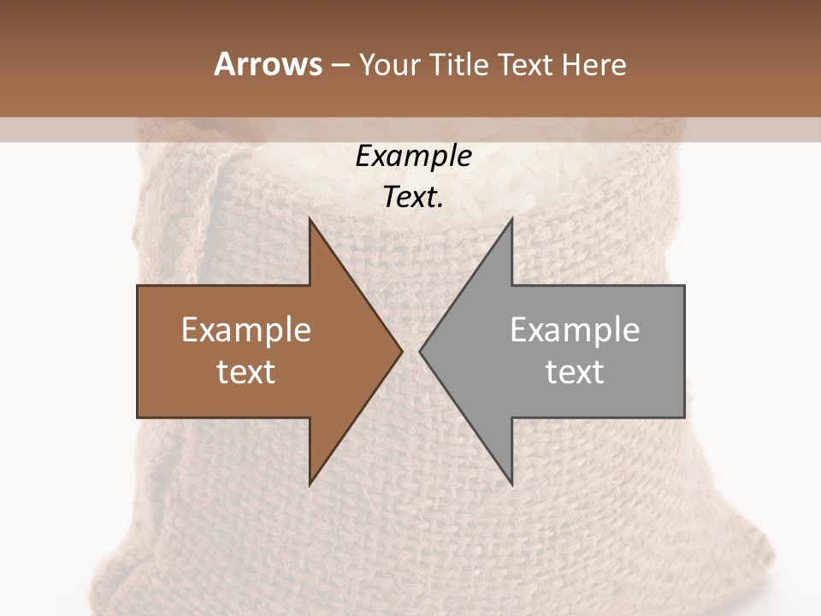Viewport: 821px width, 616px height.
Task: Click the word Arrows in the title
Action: click(x=268, y=64)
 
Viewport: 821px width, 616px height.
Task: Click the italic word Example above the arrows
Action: click(x=413, y=156)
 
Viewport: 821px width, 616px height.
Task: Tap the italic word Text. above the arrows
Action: click(x=413, y=198)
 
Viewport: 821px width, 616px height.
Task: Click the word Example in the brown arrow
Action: click(x=245, y=330)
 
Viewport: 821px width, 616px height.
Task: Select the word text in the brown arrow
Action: click(x=245, y=372)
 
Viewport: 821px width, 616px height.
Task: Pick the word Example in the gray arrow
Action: click(x=575, y=330)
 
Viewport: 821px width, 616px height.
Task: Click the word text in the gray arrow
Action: click(x=575, y=372)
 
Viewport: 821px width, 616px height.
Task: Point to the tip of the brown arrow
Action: click(x=399, y=351)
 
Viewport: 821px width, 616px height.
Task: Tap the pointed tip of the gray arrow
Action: click(x=422, y=351)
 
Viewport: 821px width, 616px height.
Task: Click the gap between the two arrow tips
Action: click(x=410, y=351)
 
